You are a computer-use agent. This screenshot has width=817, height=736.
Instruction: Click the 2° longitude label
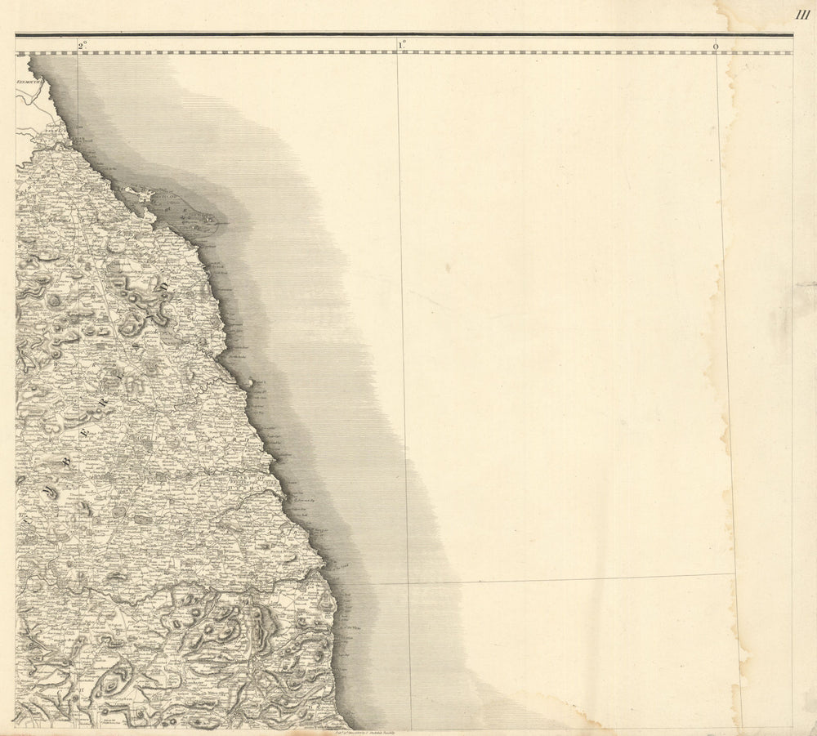pyautogui.click(x=83, y=46)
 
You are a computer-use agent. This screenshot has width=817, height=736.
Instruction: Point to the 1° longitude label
pyautogui.click(x=402, y=46)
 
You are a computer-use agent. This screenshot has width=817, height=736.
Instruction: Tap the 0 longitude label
pyautogui.click(x=716, y=47)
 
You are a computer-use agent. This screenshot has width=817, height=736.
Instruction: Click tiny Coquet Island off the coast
pyautogui.click(x=250, y=381)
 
